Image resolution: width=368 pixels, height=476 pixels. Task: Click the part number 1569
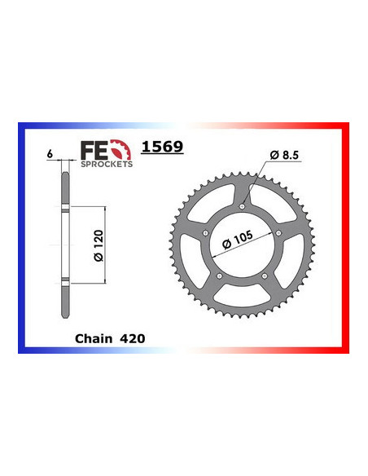163,148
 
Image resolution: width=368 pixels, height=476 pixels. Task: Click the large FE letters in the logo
92,150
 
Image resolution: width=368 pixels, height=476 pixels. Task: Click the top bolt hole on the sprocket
243,206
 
